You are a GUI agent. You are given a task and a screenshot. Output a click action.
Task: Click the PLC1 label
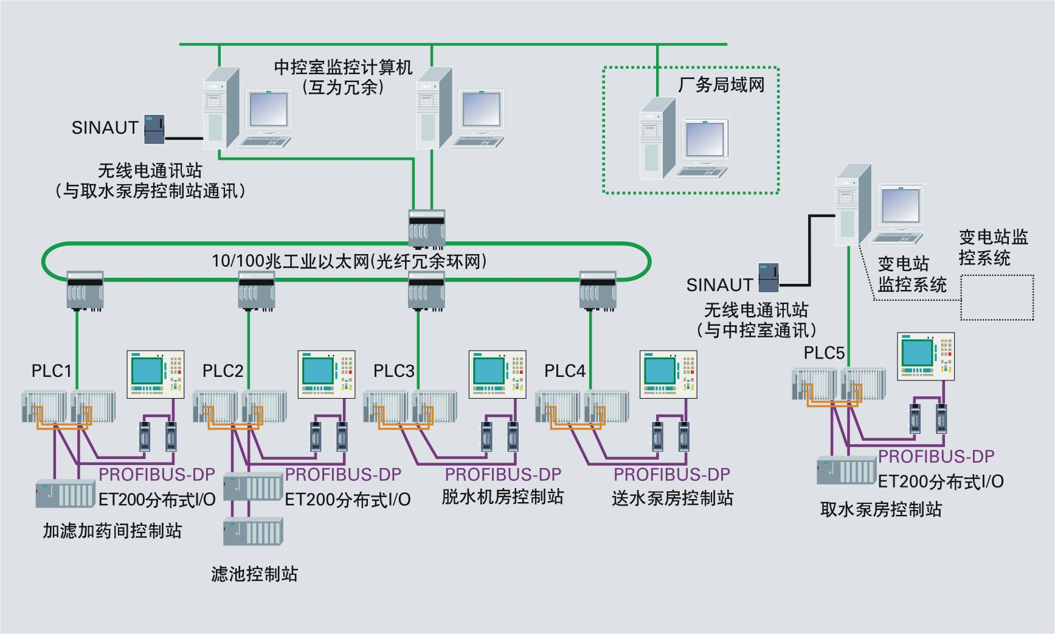(x=52, y=371)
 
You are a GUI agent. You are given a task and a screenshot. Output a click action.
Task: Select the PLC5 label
(x=824, y=353)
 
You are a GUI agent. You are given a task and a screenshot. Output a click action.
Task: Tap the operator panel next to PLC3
(x=497, y=374)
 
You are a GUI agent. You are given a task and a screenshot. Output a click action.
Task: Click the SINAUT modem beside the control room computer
(x=154, y=129)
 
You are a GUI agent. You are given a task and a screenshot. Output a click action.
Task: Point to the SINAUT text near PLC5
(x=719, y=285)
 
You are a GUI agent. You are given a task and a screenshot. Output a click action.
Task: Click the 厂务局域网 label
(x=721, y=85)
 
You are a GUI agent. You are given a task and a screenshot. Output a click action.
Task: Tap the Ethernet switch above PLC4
(x=598, y=291)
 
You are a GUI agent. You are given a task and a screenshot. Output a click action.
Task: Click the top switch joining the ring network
(x=427, y=229)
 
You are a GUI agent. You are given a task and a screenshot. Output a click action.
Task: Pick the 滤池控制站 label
(x=254, y=574)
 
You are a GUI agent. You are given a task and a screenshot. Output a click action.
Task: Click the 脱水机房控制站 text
(x=502, y=497)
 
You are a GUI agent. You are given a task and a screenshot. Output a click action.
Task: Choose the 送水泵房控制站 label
(x=673, y=498)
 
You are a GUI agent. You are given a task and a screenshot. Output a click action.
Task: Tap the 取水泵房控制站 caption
(x=881, y=509)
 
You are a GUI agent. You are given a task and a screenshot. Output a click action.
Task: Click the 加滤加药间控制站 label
(x=112, y=531)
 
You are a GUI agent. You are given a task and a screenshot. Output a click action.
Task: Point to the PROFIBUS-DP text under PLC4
(x=671, y=475)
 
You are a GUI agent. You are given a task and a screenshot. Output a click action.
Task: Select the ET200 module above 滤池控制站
(x=253, y=532)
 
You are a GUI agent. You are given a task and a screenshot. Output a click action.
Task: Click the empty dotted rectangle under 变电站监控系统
(x=997, y=297)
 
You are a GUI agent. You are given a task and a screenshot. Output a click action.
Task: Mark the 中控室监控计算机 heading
(x=343, y=67)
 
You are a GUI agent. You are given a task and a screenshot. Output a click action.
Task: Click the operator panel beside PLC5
(x=925, y=356)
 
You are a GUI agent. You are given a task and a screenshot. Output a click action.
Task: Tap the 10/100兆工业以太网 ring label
(x=349, y=261)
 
